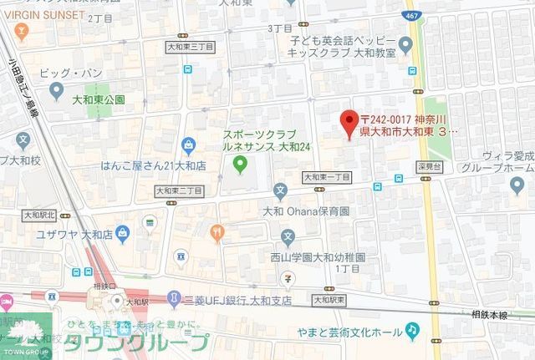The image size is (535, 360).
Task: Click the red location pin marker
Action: (350, 124)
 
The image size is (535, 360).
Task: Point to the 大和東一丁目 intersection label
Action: (326, 177)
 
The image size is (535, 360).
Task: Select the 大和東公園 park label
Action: (98, 99)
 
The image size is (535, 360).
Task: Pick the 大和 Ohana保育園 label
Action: (304, 211)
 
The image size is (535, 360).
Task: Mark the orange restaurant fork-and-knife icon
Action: (217, 231)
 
